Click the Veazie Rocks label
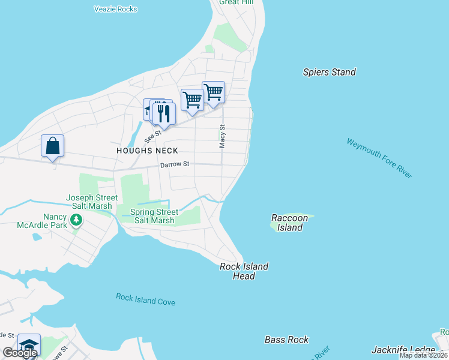tap(116, 9)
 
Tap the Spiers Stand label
tap(329, 72)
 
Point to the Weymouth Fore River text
tap(379, 158)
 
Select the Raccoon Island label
tap(290, 223)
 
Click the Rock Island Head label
tap(244, 271)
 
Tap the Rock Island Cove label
tap(146, 299)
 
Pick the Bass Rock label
tap(286, 340)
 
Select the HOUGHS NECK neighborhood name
tap(147, 151)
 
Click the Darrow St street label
tap(175, 164)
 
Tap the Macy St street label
tap(222, 136)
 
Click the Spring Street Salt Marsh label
tap(154, 216)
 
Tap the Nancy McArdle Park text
tap(46, 221)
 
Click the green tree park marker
tap(76, 221)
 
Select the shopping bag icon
tap(52, 146)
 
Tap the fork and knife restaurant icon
tap(164, 113)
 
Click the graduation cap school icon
tap(28, 344)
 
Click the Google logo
tap(20, 353)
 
